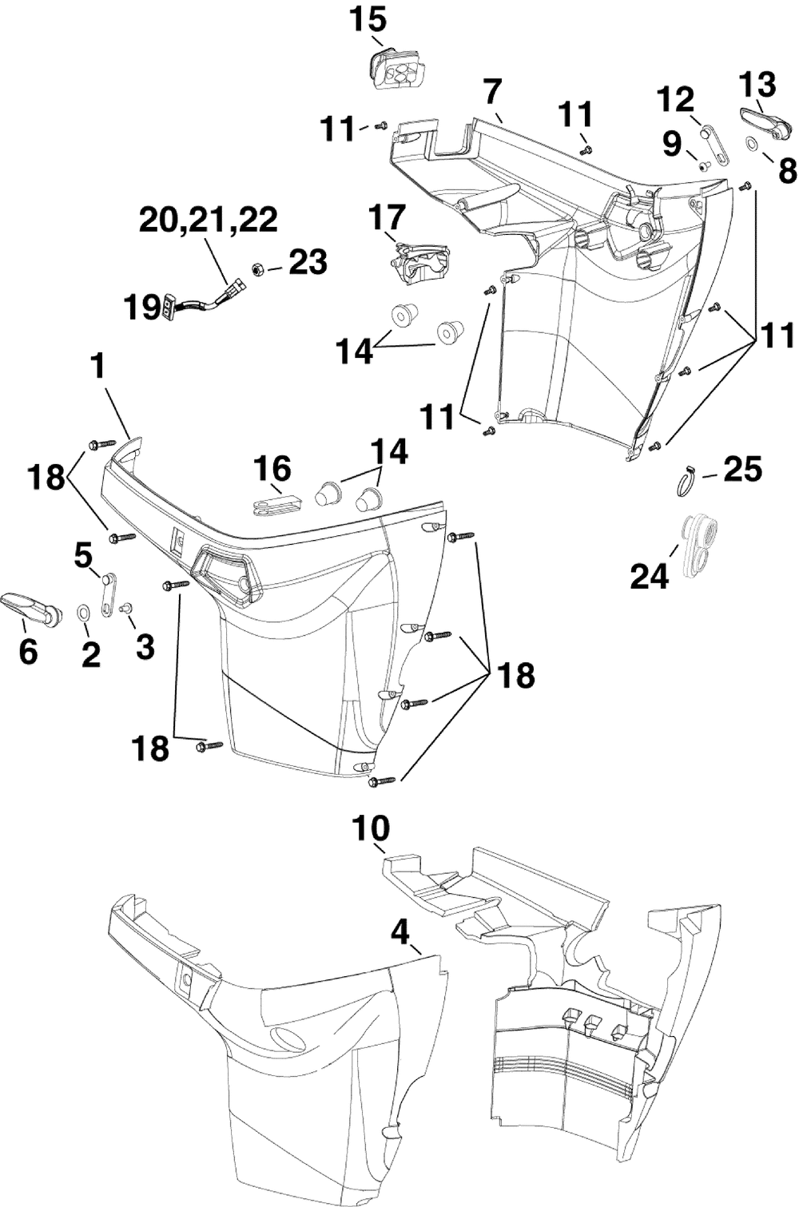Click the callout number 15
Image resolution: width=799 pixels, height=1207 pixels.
click(368, 19)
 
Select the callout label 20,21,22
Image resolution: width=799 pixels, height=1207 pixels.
click(209, 220)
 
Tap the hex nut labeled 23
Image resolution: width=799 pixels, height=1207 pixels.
click(258, 269)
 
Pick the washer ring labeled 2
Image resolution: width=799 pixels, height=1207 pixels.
click(83, 613)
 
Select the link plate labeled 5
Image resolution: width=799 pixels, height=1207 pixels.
click(107, 593)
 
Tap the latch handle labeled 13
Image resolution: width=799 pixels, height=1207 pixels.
click(765, 121)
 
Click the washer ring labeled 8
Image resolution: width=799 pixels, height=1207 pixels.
click(753, 144)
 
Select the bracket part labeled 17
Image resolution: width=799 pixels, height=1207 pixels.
click(420, 260)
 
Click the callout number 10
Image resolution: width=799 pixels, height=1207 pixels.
click(372, 829)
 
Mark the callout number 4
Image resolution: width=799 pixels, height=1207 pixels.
click(400, 931)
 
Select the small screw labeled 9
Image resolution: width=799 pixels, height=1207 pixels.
click(702, 166)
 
